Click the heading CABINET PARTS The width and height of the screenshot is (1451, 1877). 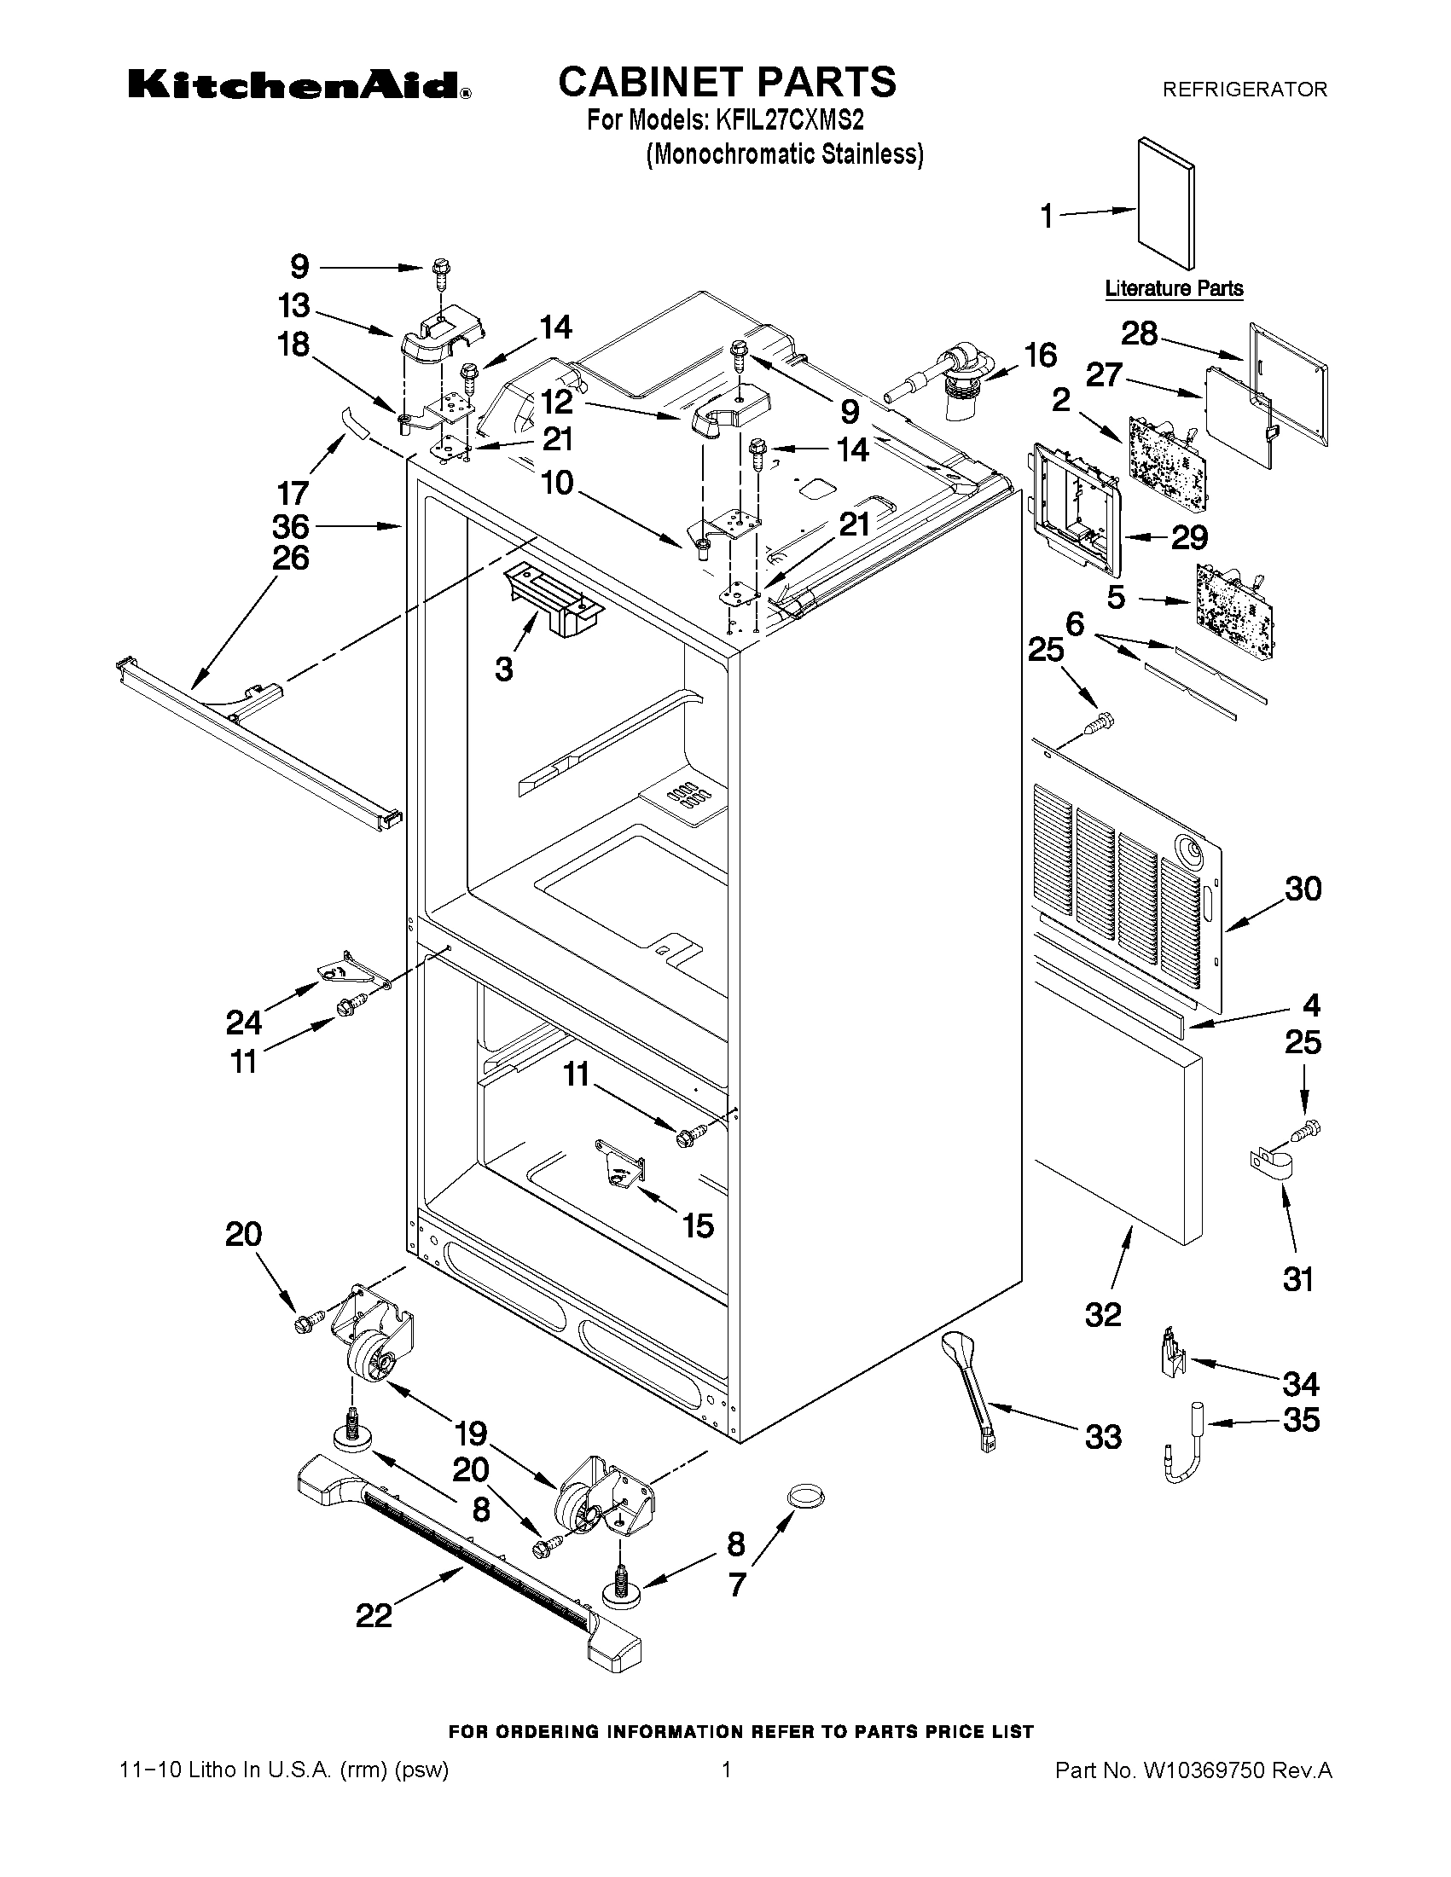(x=728, y=83)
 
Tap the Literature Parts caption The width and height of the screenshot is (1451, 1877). (x=1174, y=289)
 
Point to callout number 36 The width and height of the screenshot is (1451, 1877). (x=291, y=525)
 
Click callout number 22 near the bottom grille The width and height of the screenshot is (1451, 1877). (x=374, y=1615)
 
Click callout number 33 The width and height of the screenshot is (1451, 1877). (x=1103, y=1436)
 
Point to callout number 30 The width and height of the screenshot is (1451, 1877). (x=1303, y=889)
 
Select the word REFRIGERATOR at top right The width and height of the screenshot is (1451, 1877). (x=1244, y=90)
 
